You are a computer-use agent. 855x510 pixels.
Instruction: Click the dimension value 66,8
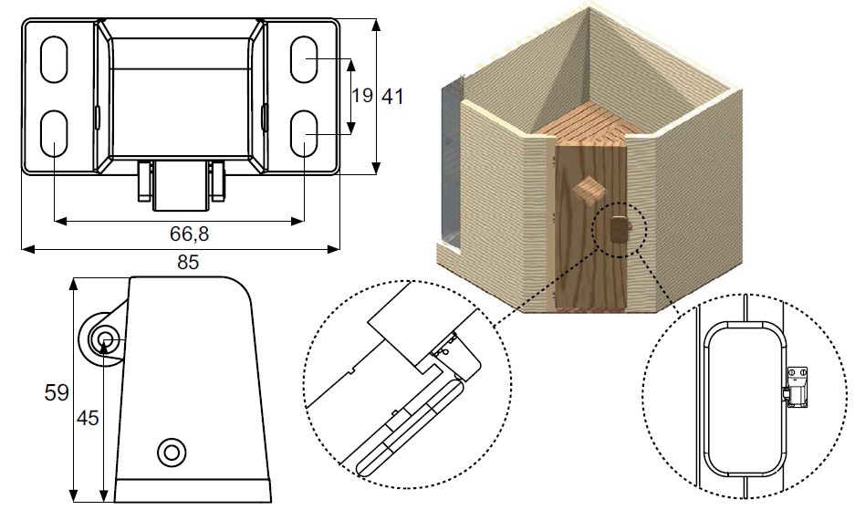pyautogui.click(x=189, y=234)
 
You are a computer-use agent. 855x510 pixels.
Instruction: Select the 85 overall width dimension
pyautogui.click(x=188, y=263)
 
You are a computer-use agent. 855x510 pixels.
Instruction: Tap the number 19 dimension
pyautogui.click(x=361, y=96)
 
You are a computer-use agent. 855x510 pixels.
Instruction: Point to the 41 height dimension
pyautogui.click(x=393, y=96)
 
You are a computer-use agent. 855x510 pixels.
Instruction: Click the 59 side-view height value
pyautogui.click(x=57, y=392)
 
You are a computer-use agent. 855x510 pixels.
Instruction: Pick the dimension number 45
pyautogui.click(x=88, y=419)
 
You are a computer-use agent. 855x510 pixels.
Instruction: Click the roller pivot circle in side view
pyautogui.click(x=105, y=339)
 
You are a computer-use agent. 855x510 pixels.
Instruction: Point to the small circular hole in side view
pyautogui.click(x=171, y=450)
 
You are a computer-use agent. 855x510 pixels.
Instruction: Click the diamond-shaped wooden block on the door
pyautogui.click(x=589, y=190)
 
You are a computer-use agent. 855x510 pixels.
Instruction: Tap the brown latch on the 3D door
pyautogui.click(x=620, y=228)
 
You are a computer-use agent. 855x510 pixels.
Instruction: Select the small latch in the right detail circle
pyautogui.click(x=796, y=386)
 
